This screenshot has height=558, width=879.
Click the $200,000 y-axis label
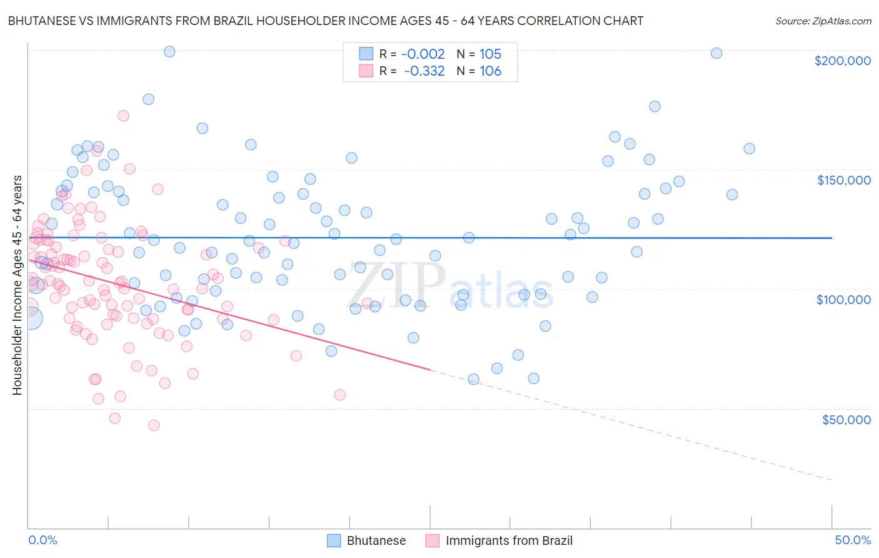click(842, 61)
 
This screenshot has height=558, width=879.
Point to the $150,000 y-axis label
click(843, 180)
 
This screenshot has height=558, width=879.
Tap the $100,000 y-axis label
click(843, 300)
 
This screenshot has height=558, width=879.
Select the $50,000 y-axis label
click(846, 419)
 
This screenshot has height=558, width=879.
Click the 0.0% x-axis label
click(43, 540)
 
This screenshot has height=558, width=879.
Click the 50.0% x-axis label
click(852, 540)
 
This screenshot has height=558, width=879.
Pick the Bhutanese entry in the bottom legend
click(367, 540)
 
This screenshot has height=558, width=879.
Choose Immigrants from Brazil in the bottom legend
click(499, 540)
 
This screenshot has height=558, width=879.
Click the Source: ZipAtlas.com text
click(823, 21)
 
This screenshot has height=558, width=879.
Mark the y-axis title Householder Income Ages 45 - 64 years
click(17, 285)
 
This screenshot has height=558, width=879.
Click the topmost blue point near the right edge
click(716, 53)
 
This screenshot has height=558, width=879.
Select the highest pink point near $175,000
click(123, 116)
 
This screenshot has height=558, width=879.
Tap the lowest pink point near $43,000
click(154, 425)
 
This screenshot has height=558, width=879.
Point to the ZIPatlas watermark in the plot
click(450, 286)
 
